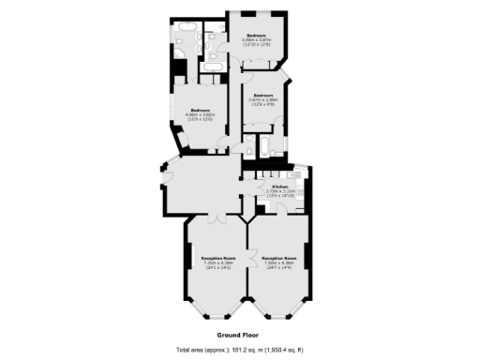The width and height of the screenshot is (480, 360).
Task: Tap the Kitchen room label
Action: coord(280,187)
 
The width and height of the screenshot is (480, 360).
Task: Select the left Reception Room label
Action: coord(217,257)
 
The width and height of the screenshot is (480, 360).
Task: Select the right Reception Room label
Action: coord(279,257)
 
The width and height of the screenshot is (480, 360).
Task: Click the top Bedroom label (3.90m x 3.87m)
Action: coord(255,36)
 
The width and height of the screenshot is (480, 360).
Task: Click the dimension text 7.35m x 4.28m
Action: coord(217,262)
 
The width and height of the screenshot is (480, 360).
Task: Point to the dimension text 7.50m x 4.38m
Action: coord(279,262)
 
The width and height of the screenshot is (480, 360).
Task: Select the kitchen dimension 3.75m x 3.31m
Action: coord(280,191)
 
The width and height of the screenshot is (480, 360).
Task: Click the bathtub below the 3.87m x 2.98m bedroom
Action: coord(265,146)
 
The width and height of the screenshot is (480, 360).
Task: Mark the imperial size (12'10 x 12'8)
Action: coord(255,45)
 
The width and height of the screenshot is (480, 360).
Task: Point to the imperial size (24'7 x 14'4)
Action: coord(279,267)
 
